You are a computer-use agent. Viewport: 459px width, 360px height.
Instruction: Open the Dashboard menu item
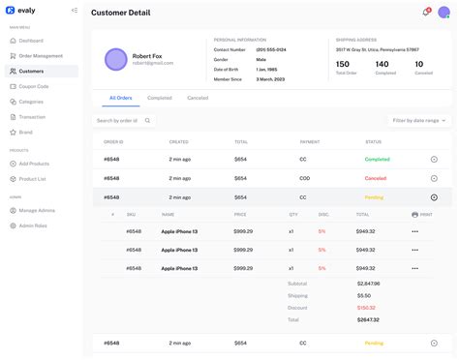(31, 41)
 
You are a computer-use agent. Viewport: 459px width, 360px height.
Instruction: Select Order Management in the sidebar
(41, 55)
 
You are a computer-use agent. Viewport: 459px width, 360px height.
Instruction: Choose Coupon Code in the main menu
(34, 86)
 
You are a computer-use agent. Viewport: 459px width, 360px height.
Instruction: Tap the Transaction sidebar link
(33, 116)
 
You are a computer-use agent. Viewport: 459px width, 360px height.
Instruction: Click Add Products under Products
(34, 164)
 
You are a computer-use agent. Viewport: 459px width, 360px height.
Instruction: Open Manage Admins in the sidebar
(37, 210)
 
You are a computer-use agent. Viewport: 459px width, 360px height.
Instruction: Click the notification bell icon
(425, 13)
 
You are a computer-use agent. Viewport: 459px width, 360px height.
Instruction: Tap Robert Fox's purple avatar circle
(116, 59)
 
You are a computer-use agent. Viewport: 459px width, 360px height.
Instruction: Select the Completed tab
(160, 98)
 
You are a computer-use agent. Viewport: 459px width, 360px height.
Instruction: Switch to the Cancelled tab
(198, 98)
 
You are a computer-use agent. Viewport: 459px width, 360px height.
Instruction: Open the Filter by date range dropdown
(418, 121)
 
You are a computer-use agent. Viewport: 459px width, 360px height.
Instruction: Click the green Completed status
(377, 159)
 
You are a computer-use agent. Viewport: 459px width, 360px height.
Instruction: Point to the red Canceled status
(375, 178)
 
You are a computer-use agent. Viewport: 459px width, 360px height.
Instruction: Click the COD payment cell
(304, 178)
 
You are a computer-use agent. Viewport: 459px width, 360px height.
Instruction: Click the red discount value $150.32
(366, 308)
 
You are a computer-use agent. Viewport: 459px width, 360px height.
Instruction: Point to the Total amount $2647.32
(368, 319)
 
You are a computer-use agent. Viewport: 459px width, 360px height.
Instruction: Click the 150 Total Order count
(343, 64)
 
